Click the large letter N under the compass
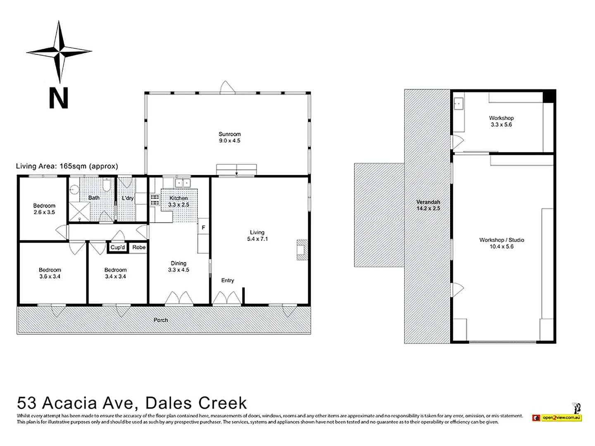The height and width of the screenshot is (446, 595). coord(59,98)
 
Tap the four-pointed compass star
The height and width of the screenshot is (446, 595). coord(59,52)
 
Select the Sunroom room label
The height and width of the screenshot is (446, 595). coord(230,137)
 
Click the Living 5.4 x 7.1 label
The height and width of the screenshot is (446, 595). coord(257,235)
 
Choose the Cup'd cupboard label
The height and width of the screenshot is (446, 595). coord(118,247)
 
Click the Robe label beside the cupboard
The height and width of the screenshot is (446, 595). coord(139,247)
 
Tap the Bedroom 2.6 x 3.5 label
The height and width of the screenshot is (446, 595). coord(44,209)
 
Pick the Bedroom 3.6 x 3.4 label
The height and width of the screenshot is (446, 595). coord(50,273)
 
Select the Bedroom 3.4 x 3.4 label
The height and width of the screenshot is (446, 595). coord(115,273)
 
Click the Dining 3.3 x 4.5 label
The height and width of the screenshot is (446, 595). coord(178,266)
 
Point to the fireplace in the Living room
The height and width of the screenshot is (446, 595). coord(302,250)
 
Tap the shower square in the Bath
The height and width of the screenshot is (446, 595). coord(79,211)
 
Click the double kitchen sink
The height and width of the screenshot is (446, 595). coord(183,183)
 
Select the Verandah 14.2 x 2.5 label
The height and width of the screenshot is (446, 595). coord(428,205)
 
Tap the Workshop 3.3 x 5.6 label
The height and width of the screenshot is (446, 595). coord(502,121)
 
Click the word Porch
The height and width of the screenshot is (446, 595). coord(161,320)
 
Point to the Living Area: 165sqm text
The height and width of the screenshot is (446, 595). coord(67,166)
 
